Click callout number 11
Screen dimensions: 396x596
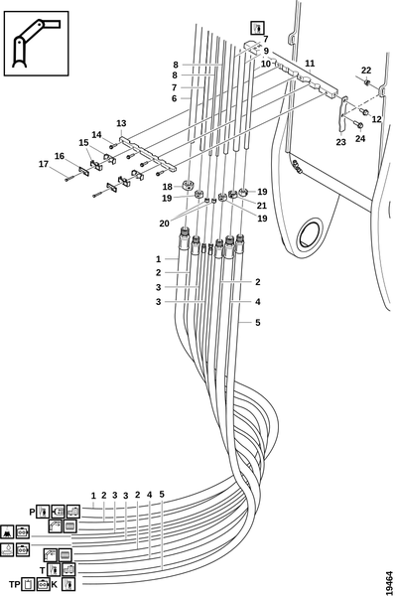click(310, 64)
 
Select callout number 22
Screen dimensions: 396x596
click(366, 71)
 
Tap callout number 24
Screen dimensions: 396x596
click(360, 139)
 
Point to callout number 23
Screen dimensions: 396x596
click(341, 142)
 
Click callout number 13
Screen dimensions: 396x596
click(121, 123)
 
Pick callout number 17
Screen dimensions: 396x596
click(44, 164)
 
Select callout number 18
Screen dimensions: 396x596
click(168, 187)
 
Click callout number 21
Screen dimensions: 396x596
click(262, 206)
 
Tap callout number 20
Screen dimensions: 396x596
click(164, 223)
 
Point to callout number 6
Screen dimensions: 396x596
click(175, 98)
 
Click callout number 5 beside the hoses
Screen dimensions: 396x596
click(258, 322)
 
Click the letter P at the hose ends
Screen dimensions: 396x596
click(33, 512)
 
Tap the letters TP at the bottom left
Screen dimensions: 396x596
click(15, 584)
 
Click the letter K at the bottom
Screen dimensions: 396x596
click(55, 584)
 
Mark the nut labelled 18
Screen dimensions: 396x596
click(188, 186)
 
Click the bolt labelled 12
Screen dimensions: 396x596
click(364, 112)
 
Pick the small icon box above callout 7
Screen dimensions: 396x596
click(257, 28)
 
